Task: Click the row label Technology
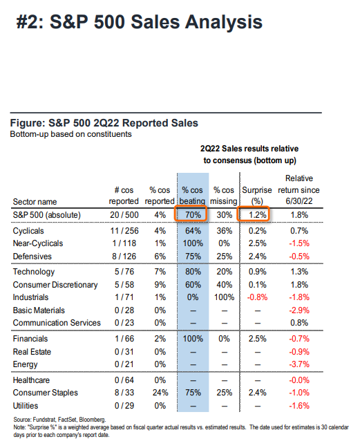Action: (34, 272)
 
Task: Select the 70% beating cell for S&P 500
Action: (193, 215)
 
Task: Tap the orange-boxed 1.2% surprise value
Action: (257, 215)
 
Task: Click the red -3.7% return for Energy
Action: (299, 364)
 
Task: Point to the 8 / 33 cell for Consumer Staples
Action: (124, 393)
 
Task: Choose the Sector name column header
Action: (35, 202)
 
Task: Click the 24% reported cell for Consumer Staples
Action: (160, 393)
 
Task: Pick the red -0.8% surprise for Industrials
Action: (257, 297)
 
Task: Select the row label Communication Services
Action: (57, 323)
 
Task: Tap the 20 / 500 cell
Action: (124, 215)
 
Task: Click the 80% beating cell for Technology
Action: (193, 272)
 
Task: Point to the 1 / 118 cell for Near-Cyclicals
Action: (124, 243)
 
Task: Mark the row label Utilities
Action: (26, 406)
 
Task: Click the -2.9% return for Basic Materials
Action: (299, 310)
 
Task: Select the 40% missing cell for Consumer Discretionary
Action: (224, 285)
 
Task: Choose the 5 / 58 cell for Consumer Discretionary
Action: (124, 285)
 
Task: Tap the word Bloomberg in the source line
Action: (92, 420)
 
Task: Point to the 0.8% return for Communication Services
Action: (299, 323)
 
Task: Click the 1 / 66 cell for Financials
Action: (124, 339)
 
